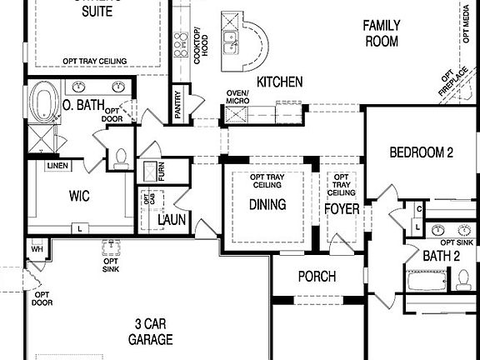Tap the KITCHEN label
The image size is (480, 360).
[279, 82]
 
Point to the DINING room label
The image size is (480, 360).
[267, 204]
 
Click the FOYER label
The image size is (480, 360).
[342, 209]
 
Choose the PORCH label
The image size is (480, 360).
[316, 277]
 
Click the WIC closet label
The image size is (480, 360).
[79, 196]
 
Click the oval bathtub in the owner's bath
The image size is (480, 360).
[42, 104]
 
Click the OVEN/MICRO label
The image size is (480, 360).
[239, 97]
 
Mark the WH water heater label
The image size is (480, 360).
[36, 248]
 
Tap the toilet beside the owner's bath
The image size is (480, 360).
[121, 156]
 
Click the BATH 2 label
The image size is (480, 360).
[441, 255]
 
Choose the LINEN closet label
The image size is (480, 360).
[57, 166]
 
